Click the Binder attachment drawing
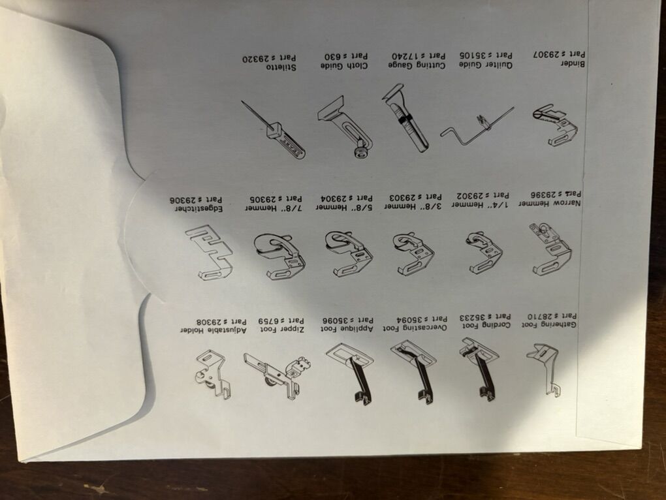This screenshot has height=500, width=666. pos(554,125)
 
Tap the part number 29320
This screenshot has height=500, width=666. pos(257,57)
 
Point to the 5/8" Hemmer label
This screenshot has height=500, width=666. pos(344,207)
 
